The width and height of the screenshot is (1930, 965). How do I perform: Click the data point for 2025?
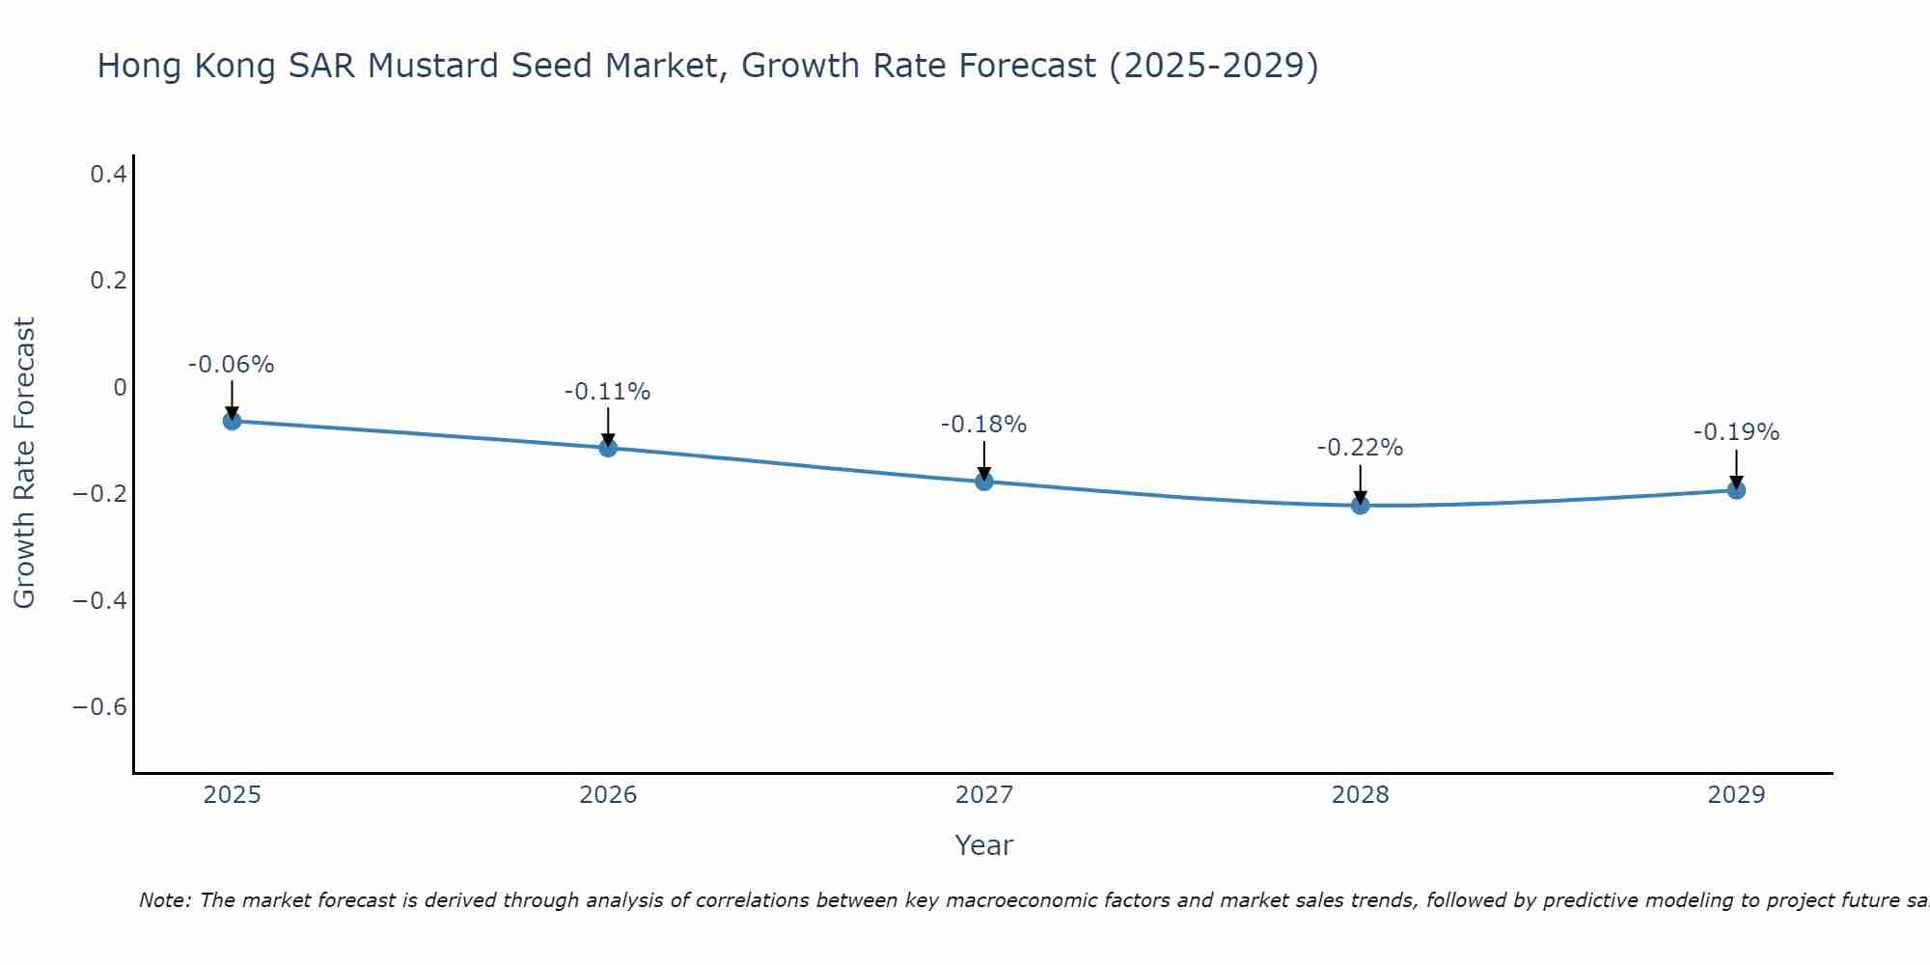click(x=232, y=421)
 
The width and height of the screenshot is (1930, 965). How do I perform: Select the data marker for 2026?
click(x=608, y=448)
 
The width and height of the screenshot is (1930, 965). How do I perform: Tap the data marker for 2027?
click(x=984, y=481)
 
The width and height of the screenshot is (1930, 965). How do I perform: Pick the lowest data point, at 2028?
click(x=1361, y=505)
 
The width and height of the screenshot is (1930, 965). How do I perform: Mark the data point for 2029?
click(x=1736, y=490)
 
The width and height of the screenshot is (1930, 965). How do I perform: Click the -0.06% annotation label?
click(x=232, y=365)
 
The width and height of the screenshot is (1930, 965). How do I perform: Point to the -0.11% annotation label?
click(x=608, y=392)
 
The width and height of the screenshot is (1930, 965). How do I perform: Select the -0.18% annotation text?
click(x=984, y=425)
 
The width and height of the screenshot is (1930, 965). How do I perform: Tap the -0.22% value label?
click(x=1361, y=448)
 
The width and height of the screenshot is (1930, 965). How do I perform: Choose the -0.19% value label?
click(x=1736, y=432)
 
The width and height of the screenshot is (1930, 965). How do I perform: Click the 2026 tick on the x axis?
click(x=608, y=795)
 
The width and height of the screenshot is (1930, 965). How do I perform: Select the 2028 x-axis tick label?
click(x=1361, y=795)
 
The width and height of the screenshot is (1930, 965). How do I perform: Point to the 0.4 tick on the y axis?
click(x=108, y=175)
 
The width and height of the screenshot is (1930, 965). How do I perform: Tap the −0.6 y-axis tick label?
click(x=99, y=707)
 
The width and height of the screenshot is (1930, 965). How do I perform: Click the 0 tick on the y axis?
click(x=120, y=388)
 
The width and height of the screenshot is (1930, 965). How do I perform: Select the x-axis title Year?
click(x=983, y=845)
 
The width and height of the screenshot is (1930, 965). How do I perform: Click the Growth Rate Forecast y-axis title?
click(x=24, y=463)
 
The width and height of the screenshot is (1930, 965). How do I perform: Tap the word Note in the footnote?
click(x=164, y=900)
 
